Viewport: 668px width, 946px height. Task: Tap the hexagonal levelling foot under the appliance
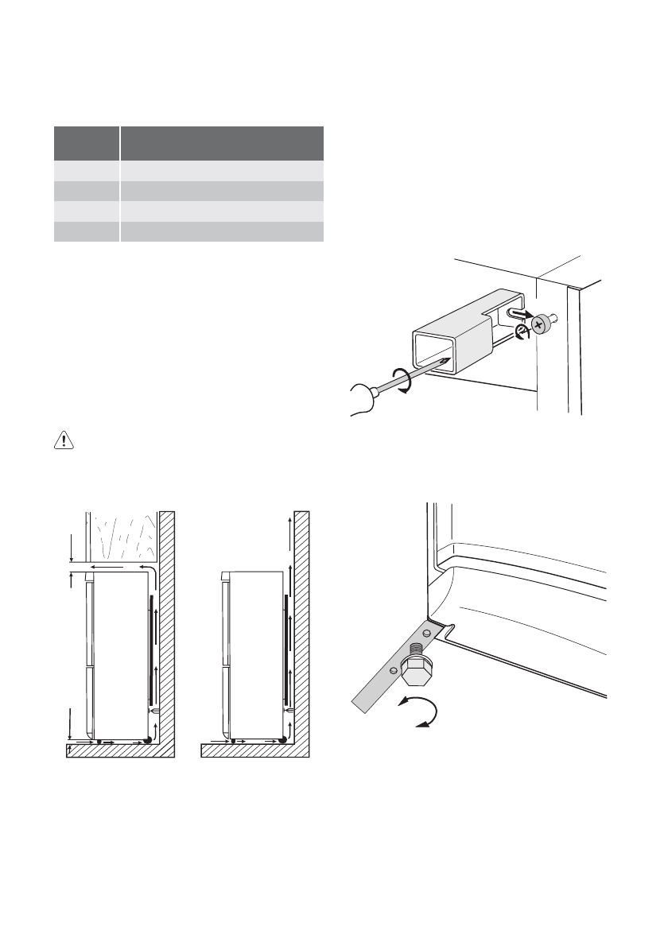coord(415,671)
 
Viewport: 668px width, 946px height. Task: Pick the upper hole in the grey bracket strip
coord(426,634)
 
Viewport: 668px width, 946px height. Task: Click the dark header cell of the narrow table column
coord(86,143)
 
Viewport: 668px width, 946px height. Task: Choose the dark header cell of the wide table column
coord(222,143)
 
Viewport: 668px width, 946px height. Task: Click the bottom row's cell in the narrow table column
coord(86,231)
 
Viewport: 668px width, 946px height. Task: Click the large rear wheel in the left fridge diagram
coord(148,739)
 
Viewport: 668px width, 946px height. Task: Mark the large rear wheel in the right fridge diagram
coord(282,739)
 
